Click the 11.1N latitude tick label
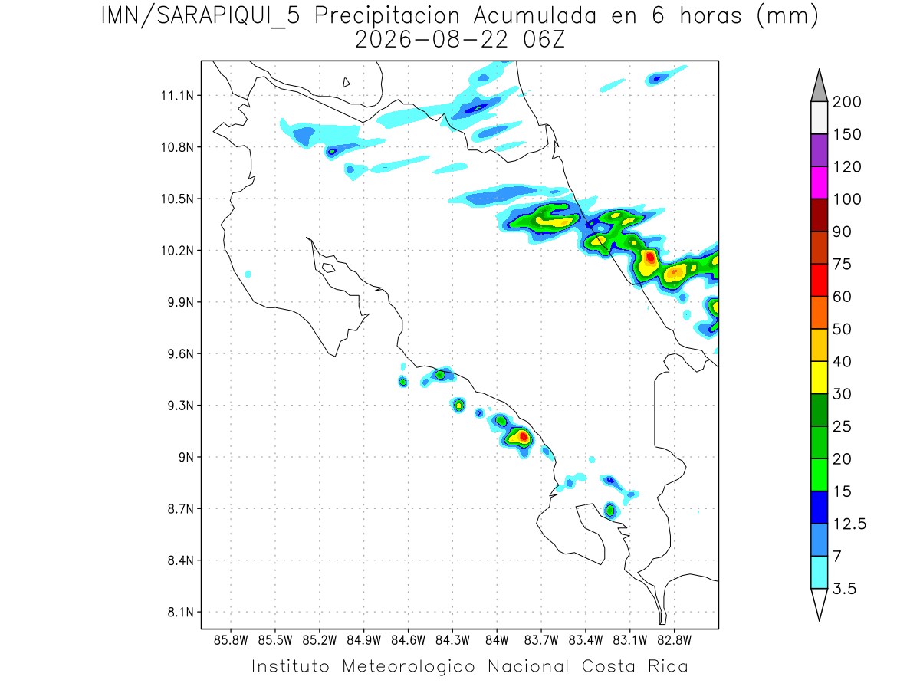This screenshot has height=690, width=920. click(x=177, y=96)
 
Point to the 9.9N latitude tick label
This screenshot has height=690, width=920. click(x=181, y=302)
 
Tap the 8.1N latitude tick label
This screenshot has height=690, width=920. click(x=181, y=612)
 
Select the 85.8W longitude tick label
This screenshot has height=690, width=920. click(x=231, y=640)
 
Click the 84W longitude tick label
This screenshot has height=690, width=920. click(x=497, y=640)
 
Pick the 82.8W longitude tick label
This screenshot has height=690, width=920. click(x=674, y=640)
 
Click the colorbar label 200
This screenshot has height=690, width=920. click(x=846, y=102)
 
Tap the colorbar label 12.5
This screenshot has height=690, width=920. click(x=849, y=524)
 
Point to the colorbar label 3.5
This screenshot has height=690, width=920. click(x=844, y=589)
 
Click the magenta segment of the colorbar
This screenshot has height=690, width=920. click(x=820, y=182)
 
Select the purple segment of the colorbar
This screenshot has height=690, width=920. click(x=820, y=150)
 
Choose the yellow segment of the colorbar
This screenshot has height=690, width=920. click(x=820, y=377)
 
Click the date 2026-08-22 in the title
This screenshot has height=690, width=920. click(x=432, y=40)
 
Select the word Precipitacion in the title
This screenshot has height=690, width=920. click(x=387, y=17)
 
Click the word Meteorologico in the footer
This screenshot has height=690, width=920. click(x=409, y=666)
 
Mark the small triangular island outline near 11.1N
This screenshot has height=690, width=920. click(x=346, y=82)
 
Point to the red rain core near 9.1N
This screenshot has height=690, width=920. click(x=524, y=436)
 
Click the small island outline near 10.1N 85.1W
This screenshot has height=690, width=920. click(x=329, y=268)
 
